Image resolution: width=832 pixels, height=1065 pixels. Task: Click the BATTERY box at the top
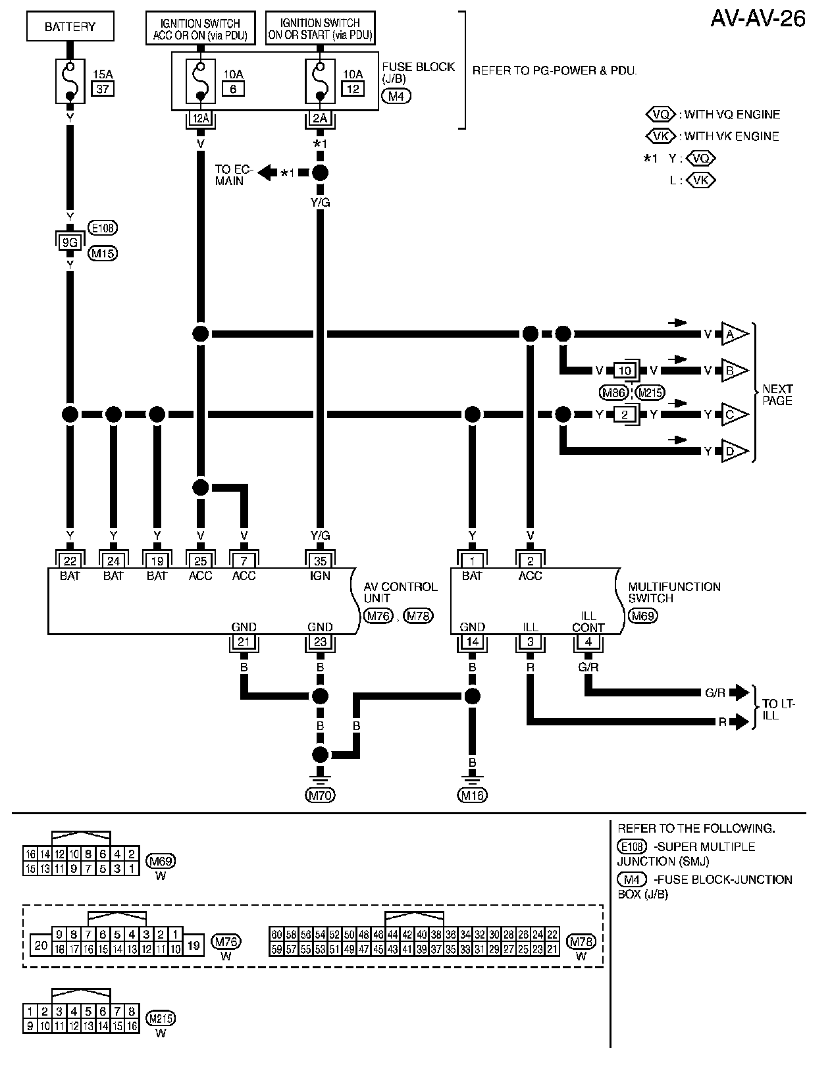70,27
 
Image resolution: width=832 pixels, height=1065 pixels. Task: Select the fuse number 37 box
102,88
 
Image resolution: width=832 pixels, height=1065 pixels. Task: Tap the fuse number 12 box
353,88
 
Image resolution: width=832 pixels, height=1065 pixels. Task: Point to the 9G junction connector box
70,242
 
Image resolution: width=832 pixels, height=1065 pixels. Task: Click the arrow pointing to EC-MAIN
267,173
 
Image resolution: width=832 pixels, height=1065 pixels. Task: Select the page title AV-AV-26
758,18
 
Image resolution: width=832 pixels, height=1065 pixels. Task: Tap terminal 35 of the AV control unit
320,561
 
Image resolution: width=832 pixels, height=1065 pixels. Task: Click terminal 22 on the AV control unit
70,561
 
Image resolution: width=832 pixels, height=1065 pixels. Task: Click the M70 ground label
321,795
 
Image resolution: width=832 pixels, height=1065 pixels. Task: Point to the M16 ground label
472,795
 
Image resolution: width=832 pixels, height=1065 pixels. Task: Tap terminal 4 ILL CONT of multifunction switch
588,642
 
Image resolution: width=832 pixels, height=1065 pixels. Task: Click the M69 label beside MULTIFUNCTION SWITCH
642,616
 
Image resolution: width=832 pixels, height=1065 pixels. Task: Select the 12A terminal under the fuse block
200,118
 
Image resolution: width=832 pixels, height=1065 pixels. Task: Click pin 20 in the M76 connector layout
41,946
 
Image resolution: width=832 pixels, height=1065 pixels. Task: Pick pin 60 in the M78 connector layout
276,935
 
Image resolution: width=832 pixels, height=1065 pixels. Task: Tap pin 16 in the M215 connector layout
132,1026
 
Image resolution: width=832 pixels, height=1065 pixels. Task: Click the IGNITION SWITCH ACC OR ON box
200,29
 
